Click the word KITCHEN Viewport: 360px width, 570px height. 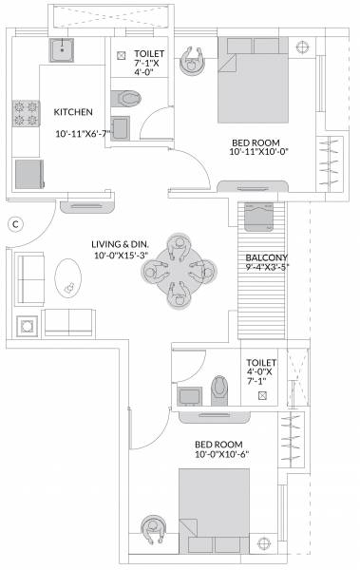click(x=72, y=110)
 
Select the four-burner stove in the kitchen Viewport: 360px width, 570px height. click(x=26, y=116)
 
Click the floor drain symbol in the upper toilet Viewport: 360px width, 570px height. click(x=120, y=56)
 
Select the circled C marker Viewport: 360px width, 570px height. click(x=14, y=224)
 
